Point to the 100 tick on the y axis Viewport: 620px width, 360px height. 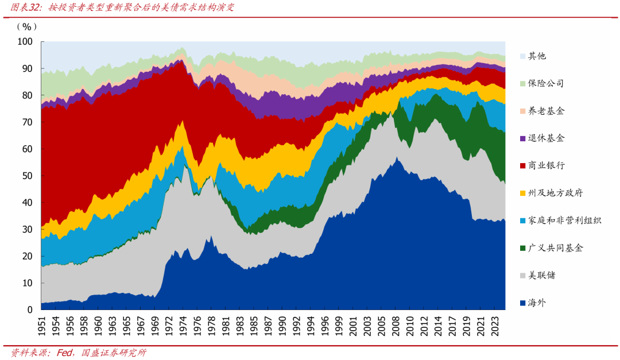[x=25, y=41]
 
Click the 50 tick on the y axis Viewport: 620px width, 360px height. [x=27, y=176]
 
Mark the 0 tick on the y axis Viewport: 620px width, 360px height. [x=29, y=310]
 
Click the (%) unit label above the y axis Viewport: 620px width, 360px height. [x=27, y=27]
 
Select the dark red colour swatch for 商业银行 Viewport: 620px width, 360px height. [x=522, y=166]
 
